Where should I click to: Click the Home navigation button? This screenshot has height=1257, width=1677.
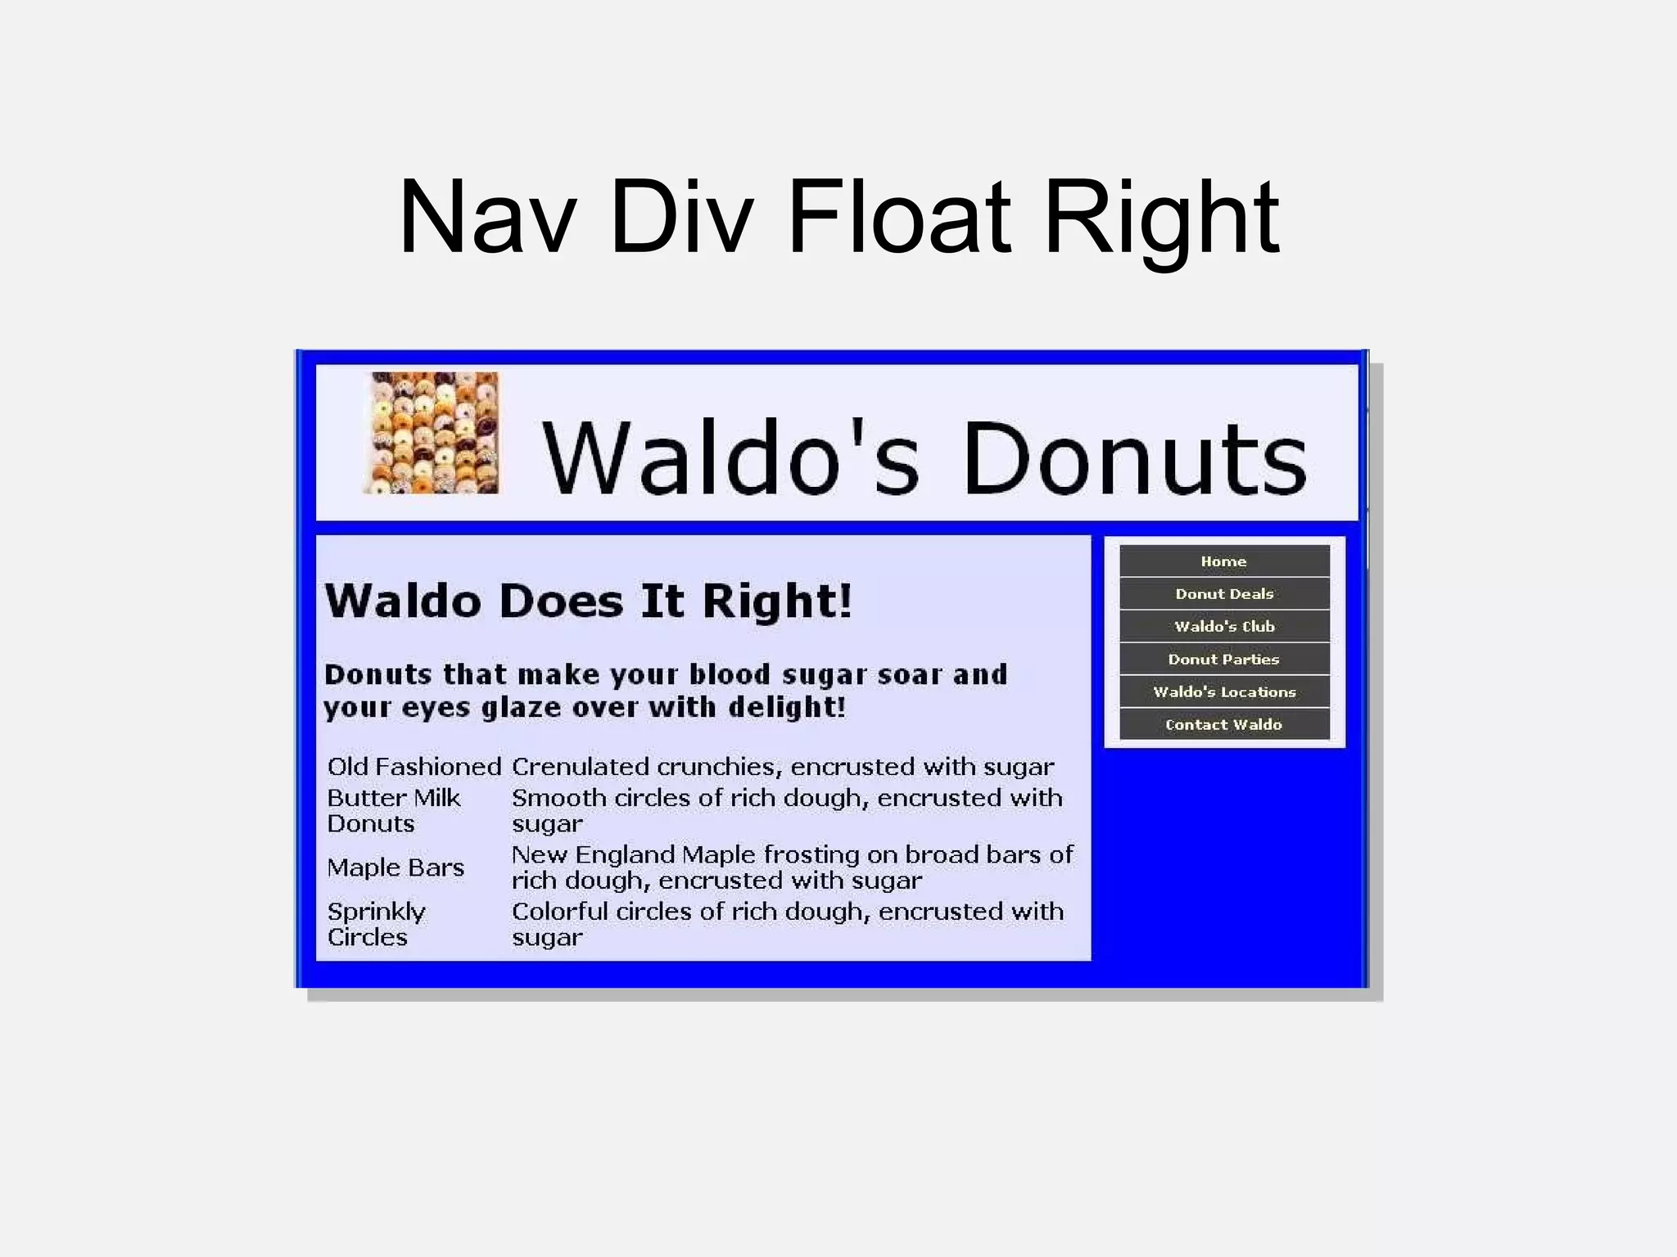1224,561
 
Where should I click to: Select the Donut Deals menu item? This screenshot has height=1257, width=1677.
1224,594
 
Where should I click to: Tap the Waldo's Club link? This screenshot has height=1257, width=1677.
1224,627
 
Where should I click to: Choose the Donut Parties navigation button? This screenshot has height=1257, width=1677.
1224,660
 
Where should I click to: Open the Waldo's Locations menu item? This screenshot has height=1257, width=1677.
1224,692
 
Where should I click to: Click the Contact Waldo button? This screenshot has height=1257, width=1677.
1224,725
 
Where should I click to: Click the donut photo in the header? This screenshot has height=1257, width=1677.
432,433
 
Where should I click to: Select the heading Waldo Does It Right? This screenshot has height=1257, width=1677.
589,601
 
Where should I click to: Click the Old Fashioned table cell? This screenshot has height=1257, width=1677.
414,767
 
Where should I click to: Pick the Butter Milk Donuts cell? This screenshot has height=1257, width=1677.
395,810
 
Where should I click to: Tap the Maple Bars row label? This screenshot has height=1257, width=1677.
396,867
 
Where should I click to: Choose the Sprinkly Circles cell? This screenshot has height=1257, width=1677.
377,924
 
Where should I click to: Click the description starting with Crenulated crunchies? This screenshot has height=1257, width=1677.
782,767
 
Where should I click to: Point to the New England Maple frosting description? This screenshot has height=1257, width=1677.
791,867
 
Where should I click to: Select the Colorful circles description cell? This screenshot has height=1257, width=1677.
787,924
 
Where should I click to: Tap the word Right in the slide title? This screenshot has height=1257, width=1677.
1161,218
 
